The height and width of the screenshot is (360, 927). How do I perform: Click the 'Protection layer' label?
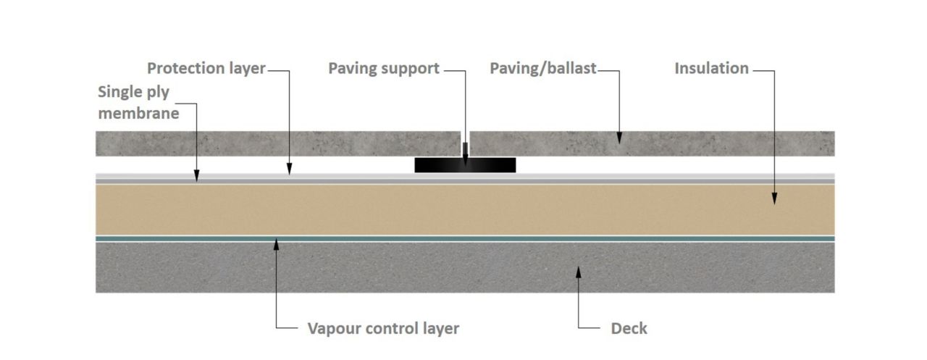206,69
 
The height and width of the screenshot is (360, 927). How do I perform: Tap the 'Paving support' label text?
384,69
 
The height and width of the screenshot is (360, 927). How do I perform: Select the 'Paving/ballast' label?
543,69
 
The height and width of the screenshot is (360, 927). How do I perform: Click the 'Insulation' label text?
712,69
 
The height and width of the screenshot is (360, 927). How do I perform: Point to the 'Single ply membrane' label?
138,103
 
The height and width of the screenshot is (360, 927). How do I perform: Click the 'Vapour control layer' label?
383,328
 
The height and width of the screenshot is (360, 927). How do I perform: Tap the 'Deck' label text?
629,328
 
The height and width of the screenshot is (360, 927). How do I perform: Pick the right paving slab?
688,143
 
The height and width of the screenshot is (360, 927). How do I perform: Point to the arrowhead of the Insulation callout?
774,201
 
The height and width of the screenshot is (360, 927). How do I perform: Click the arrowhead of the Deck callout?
577,272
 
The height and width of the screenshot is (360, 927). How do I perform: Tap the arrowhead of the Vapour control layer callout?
277,243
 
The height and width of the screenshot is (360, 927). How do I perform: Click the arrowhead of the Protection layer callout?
289,171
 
